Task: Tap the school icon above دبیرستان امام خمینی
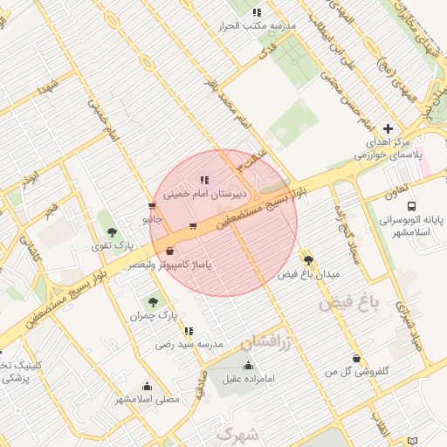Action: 204,179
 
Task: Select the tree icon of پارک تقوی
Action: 113,231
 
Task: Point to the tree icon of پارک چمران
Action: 154,300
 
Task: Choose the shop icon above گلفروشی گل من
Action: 356,358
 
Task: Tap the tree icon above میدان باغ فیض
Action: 308,259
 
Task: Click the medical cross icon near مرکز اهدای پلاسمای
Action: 389,128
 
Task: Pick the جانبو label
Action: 154,218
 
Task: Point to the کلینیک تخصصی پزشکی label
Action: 12,372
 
